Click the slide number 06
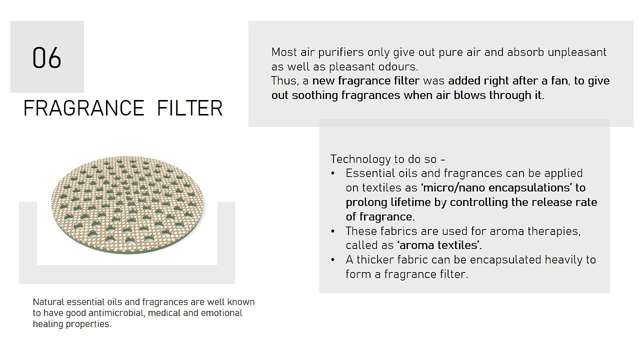tap(47, 57)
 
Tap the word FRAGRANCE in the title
tap(83, 108)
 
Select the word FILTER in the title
tap(189, 108)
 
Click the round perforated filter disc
tap(127, 204)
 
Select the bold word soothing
tap(314, 95)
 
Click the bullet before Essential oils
tap(332, 173)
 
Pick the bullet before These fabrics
tap(332, 231)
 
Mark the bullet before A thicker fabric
tap(332, 260)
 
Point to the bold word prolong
tap(366, 203)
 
